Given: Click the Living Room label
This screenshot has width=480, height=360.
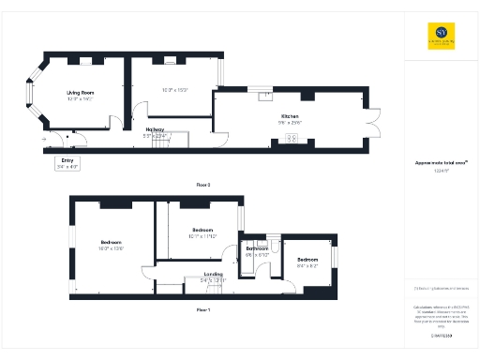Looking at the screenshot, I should click(80, 93).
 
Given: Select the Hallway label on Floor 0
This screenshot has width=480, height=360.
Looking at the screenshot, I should click(155, 129).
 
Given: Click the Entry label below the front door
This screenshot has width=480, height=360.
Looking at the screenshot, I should click(67, 160).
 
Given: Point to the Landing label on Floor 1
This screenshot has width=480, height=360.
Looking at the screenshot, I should click(213, 274).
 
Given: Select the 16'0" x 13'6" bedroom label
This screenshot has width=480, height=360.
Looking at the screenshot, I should click(112, 244).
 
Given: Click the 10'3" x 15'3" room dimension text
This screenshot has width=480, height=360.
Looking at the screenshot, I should click(175, 90).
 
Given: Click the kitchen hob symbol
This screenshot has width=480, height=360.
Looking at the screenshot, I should click(291, 139).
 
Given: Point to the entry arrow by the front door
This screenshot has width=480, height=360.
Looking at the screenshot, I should click(44, 140).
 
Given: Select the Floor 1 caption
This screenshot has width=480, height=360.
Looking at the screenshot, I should click(203, 308).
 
